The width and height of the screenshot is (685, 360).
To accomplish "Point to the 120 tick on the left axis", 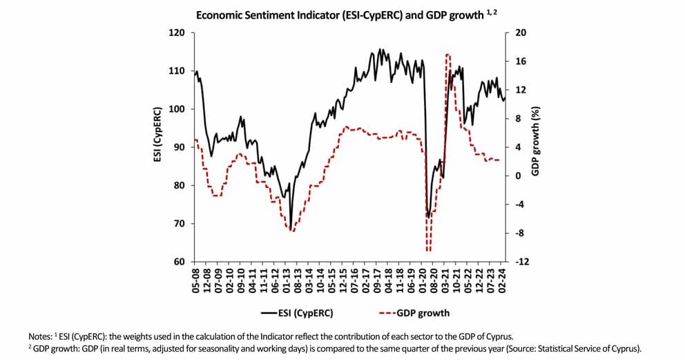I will click(x=178, y=32).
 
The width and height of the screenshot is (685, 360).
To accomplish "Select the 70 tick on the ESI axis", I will click(x=180, y=224).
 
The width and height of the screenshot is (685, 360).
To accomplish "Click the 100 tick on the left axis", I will click(x=178, y=109).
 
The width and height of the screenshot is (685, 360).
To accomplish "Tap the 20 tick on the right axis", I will click(x=521, y=32).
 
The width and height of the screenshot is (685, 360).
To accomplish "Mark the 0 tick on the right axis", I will click(x=518, y=176).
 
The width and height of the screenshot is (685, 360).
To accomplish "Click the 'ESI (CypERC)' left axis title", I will click(x=158, y=135).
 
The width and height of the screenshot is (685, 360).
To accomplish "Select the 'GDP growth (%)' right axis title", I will click(x=536, y=142).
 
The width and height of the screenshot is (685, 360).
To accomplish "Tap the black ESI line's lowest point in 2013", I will click(x=291, y=228).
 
